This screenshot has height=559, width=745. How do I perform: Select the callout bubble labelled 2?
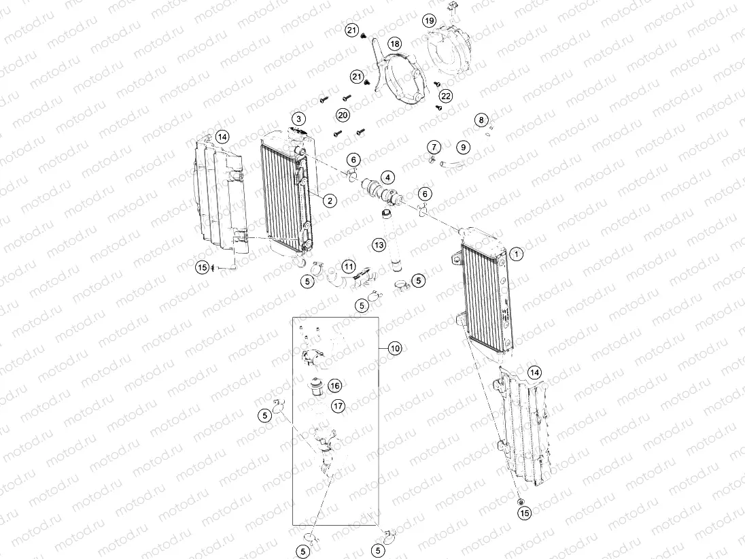tap(329, 200)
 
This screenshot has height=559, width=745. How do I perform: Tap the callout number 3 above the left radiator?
tap(298, 119)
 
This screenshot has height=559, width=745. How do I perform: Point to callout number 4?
tap(387, 177)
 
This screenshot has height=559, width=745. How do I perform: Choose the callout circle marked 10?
tap(396, 348)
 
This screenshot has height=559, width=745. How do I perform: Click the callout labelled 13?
tap(379, 243)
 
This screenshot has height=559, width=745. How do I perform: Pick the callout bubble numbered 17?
tap(338, 406)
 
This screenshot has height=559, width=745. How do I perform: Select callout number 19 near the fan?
tap(429, 20)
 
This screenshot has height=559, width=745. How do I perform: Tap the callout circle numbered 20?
tap(343, 115)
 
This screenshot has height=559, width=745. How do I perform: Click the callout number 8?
tap(481, 120)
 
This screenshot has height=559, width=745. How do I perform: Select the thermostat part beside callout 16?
tap(315, 386)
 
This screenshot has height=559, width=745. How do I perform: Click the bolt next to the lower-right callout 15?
tap(521, 502)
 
